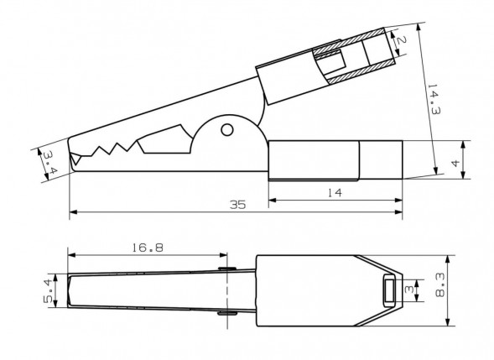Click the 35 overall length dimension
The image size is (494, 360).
pos(237,205)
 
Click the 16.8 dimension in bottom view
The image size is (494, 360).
pos(147,248)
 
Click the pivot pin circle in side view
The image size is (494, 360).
pos(227,130)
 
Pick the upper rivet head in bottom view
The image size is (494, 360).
pos(224,269)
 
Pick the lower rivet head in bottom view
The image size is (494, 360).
pos(224,314)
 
